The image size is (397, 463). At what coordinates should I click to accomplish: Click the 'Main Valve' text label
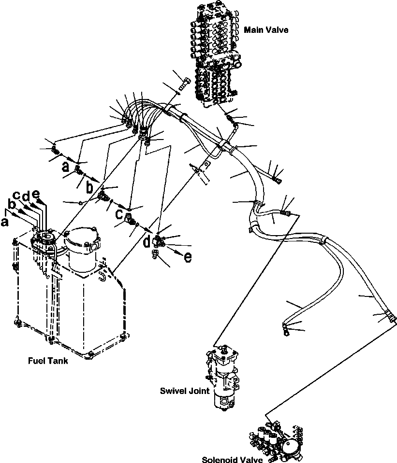click(266, 30)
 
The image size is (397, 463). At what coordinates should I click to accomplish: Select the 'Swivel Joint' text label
click(184, 391)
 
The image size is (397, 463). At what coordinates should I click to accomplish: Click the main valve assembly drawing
click(217, 53)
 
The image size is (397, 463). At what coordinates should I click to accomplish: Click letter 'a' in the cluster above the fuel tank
click(5, 222)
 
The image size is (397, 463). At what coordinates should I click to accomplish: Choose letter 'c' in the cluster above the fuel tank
click(17, 196)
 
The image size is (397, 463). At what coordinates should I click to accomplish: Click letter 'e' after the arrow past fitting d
click(187, 257)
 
